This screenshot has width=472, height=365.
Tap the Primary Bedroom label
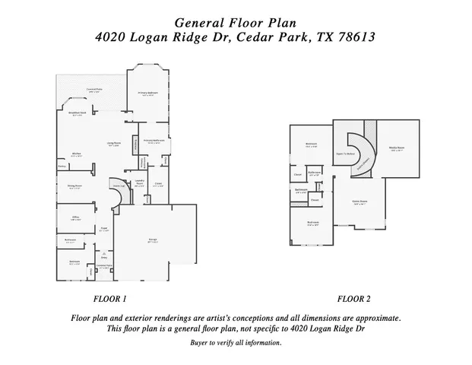[x=147, y=94]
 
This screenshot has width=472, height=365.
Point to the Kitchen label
[x=76, y=154]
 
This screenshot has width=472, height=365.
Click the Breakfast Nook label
[x=77, y=114]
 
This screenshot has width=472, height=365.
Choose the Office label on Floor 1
[x=76, y=218]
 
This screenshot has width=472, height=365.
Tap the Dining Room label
[x=75, y=186]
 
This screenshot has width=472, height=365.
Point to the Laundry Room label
[x=140, y=183]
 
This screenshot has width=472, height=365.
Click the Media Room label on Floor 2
[x=396, y=148]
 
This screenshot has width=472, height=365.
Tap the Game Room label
[x=360, y=203]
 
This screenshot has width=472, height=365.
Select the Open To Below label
[x=346, y=154]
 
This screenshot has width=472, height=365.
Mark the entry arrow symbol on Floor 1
[x=104, y=253]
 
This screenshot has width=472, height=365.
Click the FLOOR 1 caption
[x=109, y=298]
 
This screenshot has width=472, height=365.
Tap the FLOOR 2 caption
[x=354, y=298]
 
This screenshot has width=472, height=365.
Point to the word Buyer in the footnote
[x=201, y=343]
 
